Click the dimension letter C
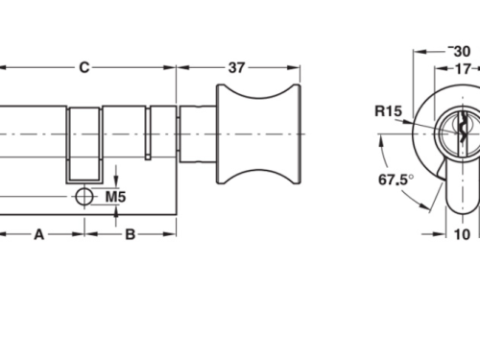tap(84, 67)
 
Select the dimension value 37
tap(235, 67)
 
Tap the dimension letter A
tap(39, 233)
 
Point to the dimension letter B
tap(131, 233)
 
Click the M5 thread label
tap(116, 197)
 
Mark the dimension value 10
tap(462, 233)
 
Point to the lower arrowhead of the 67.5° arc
tap(423, 204)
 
